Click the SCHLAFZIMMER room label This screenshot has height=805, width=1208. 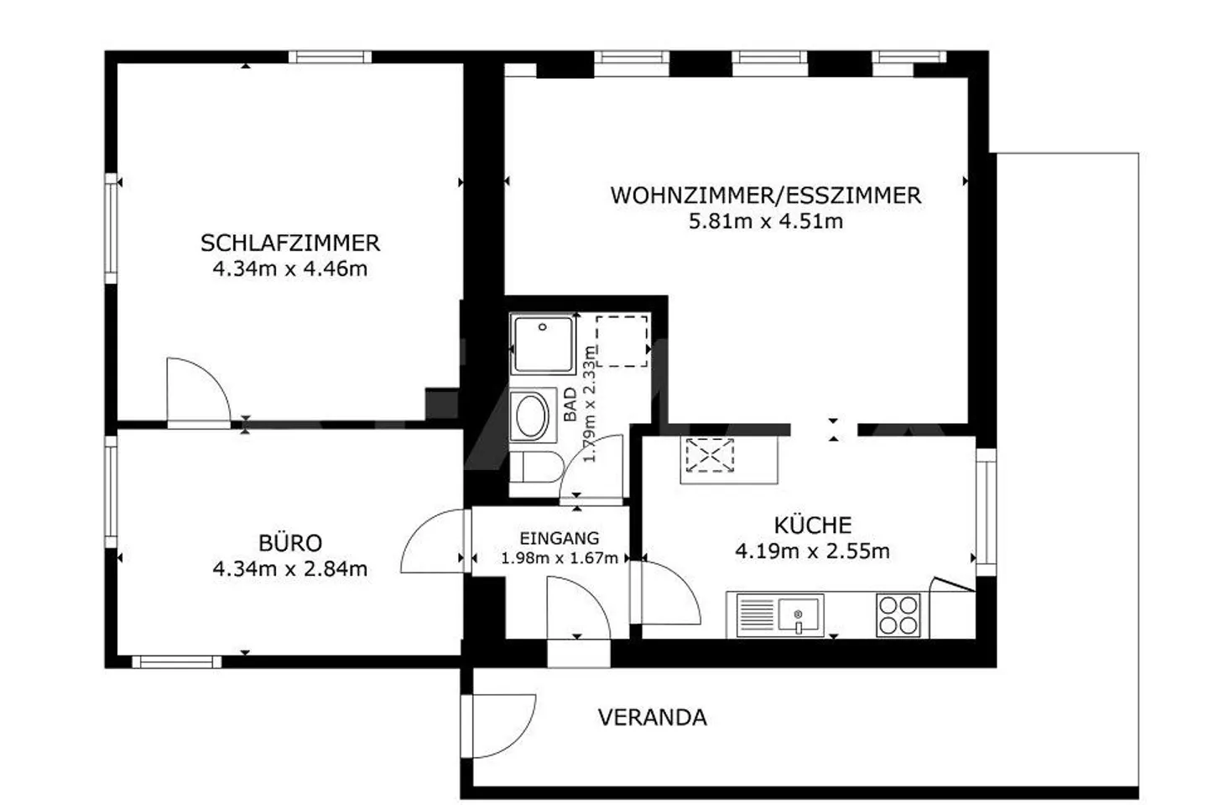pyautogui.click(x=289, y=243)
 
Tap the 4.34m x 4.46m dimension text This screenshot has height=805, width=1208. pyautogui.click(x=289, y=269)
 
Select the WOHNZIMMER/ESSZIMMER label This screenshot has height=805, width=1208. pyautogui.click(x=765, y=195)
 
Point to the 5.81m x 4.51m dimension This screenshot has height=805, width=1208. pyautogui.click(x=765, y=222)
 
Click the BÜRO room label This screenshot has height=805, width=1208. pyautogui.click(x=289, y=542)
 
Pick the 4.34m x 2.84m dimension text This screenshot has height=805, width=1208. pyautogui.click(x=289, y=569)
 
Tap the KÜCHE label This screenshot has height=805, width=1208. pyautogui.click(x=812, y=525)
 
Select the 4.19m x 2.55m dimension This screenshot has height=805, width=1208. pyautogui.click(x=812, y=551)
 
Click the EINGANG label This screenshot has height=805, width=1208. pyautogui.click(x=559, y=538)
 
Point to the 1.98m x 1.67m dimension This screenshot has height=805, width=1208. pyautogui.click(x=559, y=558)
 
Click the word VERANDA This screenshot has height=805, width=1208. pyautogui.click(x=652, y=718)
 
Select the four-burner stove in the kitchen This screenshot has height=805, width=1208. pyautogui.click(x=898, y=615)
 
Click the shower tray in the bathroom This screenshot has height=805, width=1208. pyautogui.click(x=544, y=343)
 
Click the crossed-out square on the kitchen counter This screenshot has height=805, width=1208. pyautogui.click(x=709, y=456)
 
